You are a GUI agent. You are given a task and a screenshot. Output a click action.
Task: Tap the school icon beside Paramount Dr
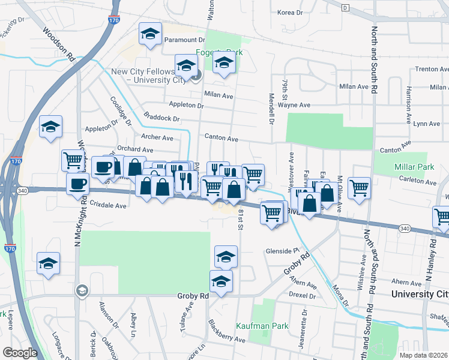coord(150,35)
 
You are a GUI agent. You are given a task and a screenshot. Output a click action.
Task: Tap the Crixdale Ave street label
coord(108,205)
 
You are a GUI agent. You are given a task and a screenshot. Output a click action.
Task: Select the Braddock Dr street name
coord(161,119)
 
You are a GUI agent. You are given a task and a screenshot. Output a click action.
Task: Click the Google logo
coord(20,353)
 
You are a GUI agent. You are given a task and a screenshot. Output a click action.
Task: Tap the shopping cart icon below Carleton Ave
coord(359,188)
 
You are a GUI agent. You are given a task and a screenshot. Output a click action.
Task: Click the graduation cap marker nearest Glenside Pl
coord(226,257)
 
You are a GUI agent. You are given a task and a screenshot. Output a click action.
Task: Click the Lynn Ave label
coord(427,124)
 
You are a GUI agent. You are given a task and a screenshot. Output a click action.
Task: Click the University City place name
coord(419,294)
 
